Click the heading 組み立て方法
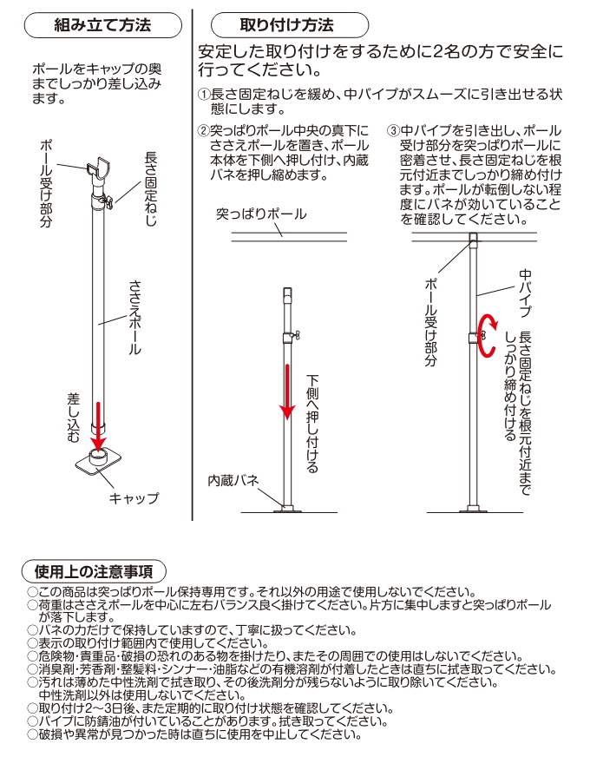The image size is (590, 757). click(x=102, y=25)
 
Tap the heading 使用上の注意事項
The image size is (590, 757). click(x=94, y=571)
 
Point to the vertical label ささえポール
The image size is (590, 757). click(x=134, y=318)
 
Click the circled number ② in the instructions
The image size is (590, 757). click(x=204, y=131)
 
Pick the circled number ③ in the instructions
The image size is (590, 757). click(x=393, y=131)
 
